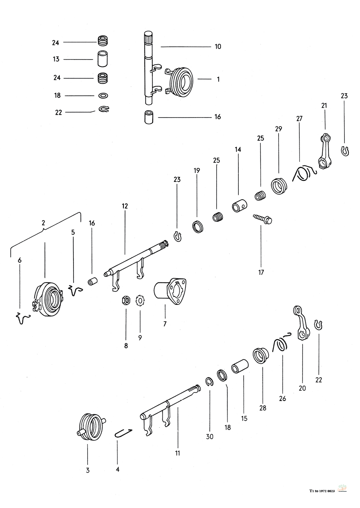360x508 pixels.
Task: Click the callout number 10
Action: [218, 46]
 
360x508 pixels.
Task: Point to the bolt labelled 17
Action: [262, 218]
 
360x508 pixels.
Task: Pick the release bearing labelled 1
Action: [180, 81]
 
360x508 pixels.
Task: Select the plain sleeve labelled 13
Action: [103, 59]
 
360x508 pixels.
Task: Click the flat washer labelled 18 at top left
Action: [103, 96]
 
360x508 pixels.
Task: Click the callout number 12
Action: [125, 206]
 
